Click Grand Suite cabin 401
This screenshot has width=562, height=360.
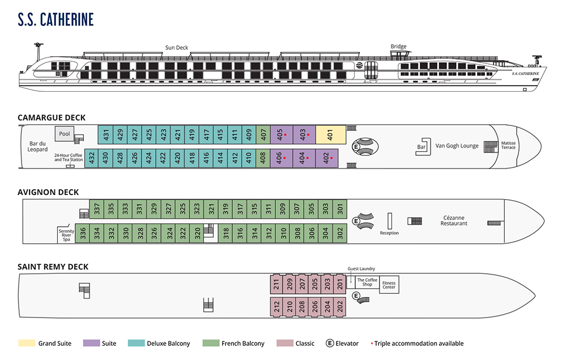point(330,134)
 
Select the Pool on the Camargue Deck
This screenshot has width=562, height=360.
point(65,134)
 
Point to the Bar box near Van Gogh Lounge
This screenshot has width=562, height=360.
point(421,147)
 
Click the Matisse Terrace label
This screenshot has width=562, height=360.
point(508,146)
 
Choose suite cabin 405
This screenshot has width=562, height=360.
point(281,134)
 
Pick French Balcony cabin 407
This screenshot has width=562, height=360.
point(263,134)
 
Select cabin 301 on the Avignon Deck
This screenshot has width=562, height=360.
point(340,209)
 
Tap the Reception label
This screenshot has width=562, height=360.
point(389,233)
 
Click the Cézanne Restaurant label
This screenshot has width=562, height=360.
point(454,221)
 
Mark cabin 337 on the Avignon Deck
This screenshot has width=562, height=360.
point(97,209)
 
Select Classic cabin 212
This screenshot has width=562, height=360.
point(276,307)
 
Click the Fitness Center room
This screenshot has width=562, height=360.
point(389,284)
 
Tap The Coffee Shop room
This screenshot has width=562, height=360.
point(367,282)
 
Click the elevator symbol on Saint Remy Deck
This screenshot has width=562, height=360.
point(356,296)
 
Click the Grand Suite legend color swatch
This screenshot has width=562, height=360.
point(26,343)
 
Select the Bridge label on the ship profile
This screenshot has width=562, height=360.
point(398,46)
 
